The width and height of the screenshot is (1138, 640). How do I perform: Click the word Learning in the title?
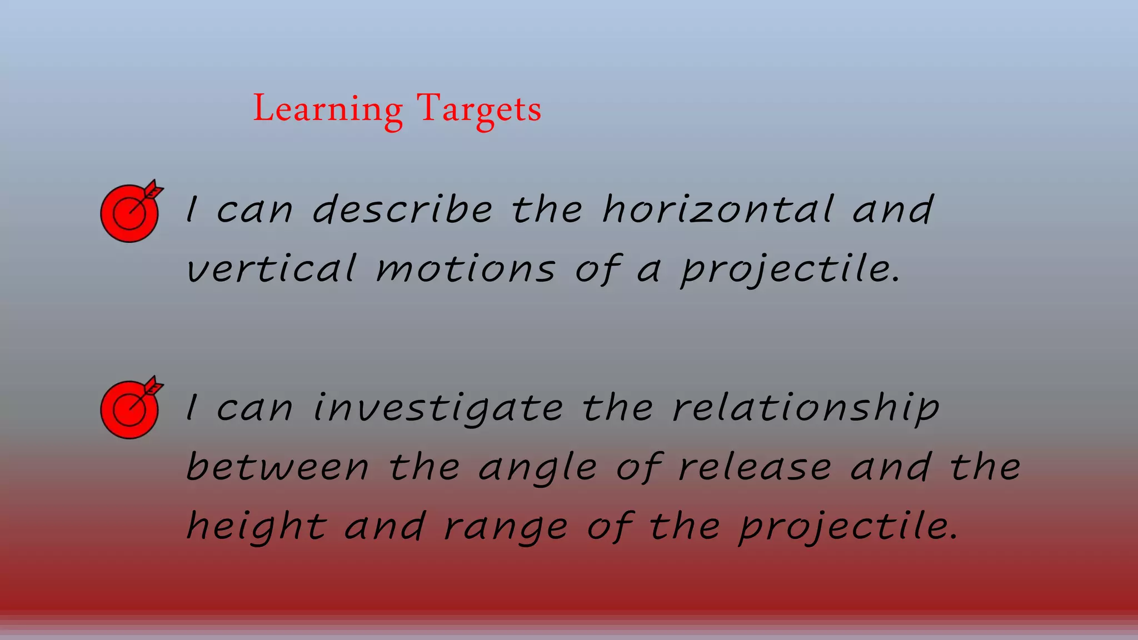point(328,109)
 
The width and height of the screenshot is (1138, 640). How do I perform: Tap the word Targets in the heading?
point(479,109)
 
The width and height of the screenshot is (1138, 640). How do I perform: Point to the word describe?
point(402,210)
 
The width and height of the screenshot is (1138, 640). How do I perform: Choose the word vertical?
point(271,269)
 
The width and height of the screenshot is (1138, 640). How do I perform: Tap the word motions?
point(466,269)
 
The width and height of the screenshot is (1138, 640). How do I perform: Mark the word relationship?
point(806,409)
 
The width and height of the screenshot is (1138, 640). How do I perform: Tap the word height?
point(257,527)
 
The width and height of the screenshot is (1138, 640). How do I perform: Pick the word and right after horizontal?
point(892,210)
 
